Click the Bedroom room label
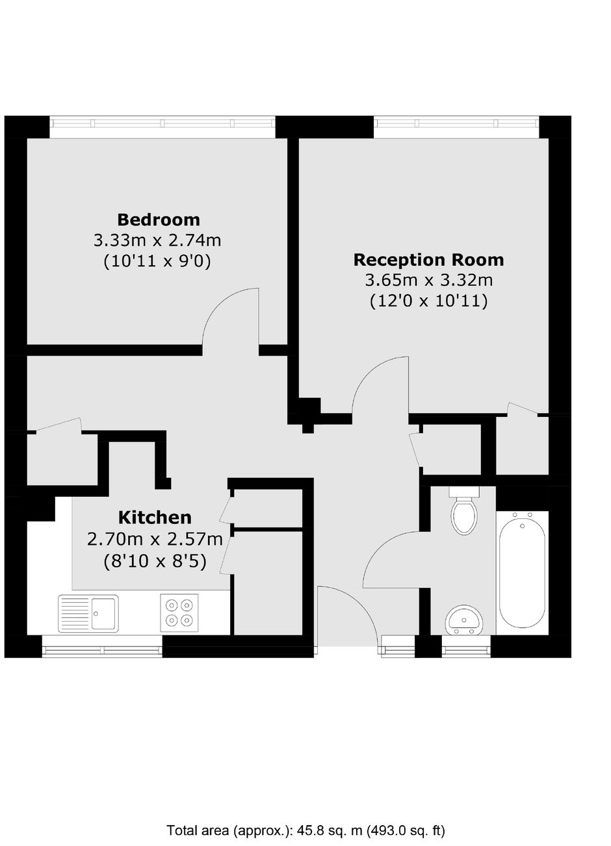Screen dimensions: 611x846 click(x=158, y=219)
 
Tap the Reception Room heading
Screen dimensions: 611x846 click(x=428, y=260)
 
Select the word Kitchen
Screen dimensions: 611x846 click(x=155, y=518)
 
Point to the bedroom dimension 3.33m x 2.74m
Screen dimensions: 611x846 click(x=157, y=240)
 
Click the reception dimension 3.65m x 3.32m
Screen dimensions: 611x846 click(x=428, y=280)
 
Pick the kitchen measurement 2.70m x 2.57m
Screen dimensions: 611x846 click(x=155, y=539)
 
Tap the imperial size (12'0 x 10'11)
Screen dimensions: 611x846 click(x=428, y=301)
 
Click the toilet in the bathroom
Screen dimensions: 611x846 click(x=464, y=510)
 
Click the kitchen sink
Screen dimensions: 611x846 click(x=88, y=613)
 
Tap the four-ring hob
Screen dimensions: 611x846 click(x=179, y=613)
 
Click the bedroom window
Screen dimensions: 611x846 click(x=162, y=123)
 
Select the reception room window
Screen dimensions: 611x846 click(x=456, y=123)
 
